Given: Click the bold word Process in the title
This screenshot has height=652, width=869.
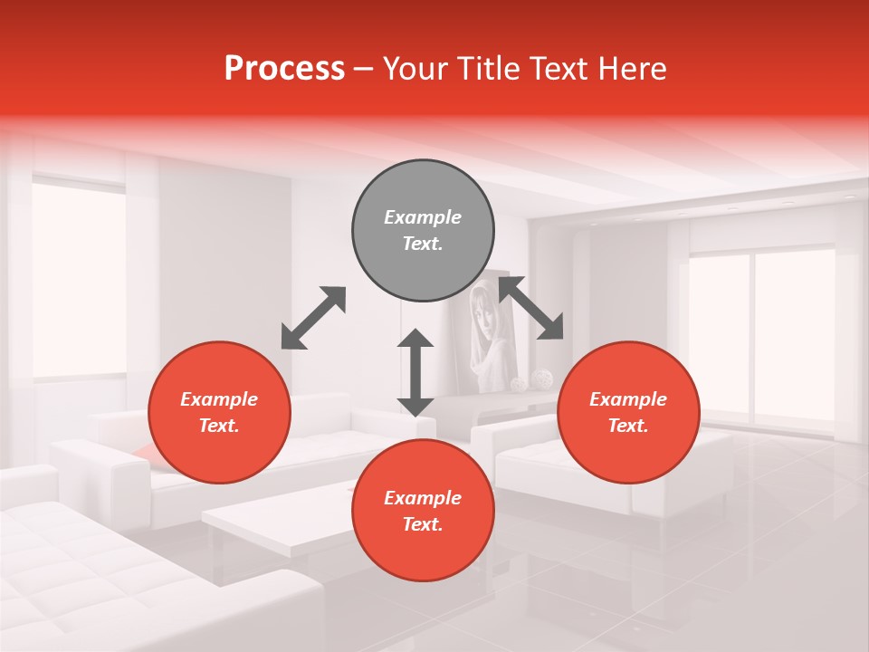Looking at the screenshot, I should (284, 69).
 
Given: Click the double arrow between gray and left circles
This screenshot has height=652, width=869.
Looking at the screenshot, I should (313, 318).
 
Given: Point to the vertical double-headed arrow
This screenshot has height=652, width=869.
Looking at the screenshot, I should (415, 372).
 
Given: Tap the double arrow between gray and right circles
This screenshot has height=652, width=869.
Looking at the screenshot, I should (531, 309).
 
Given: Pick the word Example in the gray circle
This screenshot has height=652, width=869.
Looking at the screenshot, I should (423, 217).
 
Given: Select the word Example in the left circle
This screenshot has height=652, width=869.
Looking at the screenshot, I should (219, 399).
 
